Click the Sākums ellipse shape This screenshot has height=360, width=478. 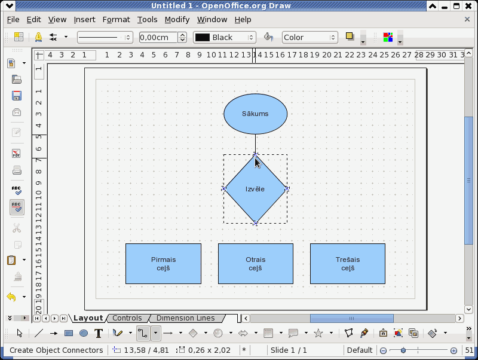[x=256, y=114]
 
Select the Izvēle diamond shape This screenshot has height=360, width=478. [x=256, y=189]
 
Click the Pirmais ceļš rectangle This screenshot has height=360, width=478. [x=163, y=264]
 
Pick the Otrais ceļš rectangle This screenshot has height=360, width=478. [x=256, y=264]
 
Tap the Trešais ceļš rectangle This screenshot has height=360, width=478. [x=348, y=264]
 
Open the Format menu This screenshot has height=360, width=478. [x=116, y=20]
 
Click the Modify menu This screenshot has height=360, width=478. [x=177, y=20]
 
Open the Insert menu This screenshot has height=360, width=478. [x=84, y=20]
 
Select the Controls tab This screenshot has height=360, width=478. [x=127, y=318]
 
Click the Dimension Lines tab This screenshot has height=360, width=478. [x=186, y=318]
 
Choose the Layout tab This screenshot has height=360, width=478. [x=88, y=318]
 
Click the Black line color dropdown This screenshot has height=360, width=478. [x=225, y=37]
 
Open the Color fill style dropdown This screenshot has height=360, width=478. [x=310, y=37]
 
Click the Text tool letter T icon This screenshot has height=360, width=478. [x=99, y=333]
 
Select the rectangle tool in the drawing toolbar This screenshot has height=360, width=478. [x=69, y=333]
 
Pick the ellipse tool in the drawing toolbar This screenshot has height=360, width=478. [x=84, y=333]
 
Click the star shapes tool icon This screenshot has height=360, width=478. [x=318, y=333]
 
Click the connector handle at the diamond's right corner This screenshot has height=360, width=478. [x=287, y=189]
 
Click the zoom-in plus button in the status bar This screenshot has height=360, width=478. [x=454, y=350]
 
